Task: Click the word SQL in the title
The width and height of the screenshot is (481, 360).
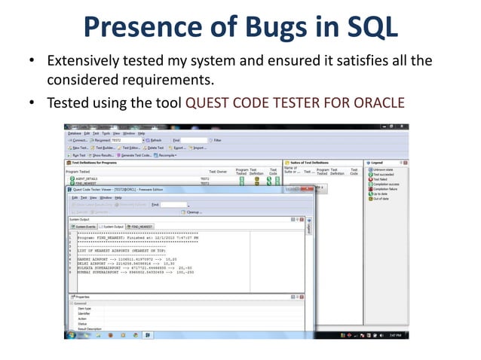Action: tap(367, 28)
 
